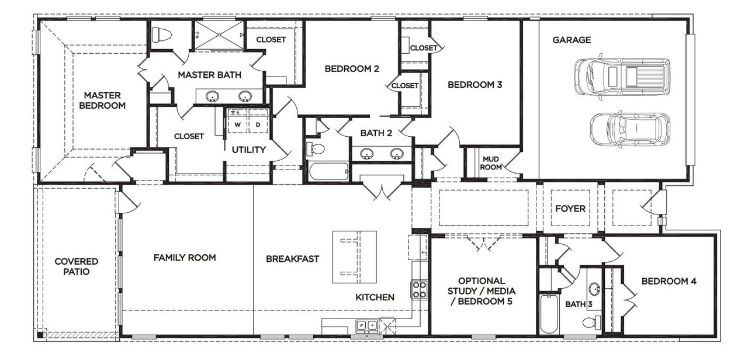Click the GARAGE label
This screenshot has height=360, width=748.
coord(572,40)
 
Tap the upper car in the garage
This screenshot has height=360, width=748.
coord(621,76)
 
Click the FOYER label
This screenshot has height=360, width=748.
coord(570,209)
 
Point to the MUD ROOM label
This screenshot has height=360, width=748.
coord(491,162)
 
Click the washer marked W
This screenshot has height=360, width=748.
coord(238,124)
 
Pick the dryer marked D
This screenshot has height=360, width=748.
coord(258,124)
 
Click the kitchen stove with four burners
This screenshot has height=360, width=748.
coord(420,290)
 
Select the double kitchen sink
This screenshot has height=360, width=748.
coord(367,324)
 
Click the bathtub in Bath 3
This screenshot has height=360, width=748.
coord(549,314)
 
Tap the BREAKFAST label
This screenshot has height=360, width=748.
coord(292,258)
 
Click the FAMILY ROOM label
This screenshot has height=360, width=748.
coord(185,257)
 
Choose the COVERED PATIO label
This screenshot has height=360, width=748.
coord(76,266)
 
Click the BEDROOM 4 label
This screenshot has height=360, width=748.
coord(669,281)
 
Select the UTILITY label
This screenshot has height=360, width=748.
coord(248,150)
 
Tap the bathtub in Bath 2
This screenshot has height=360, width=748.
coord(328,172)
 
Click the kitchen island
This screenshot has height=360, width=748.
coord(354,257)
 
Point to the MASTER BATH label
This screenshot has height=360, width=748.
coord(209,75)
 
